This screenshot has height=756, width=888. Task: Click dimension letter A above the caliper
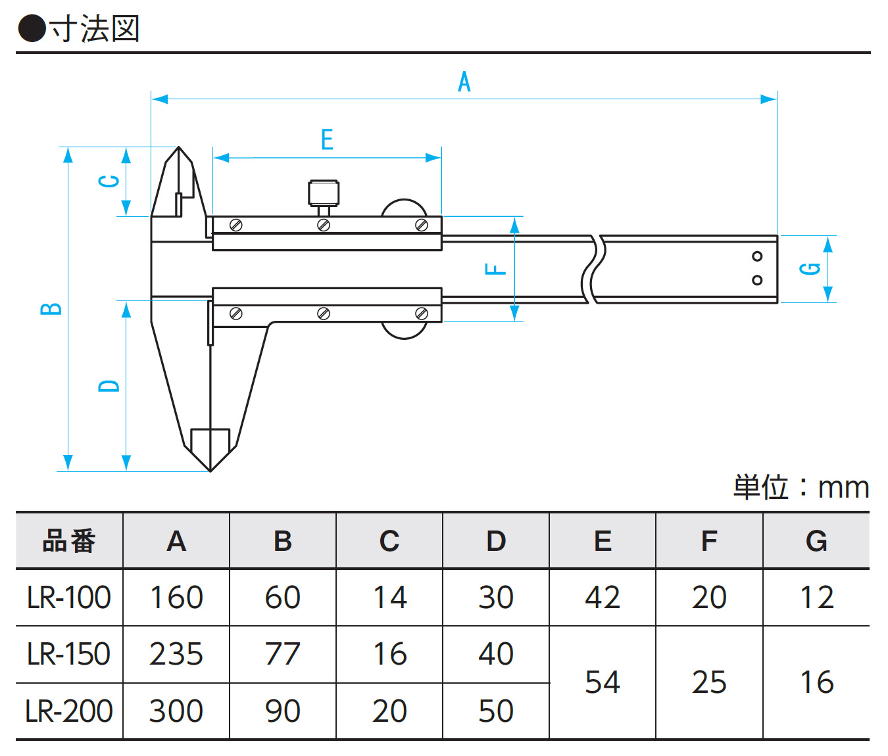(464, 82)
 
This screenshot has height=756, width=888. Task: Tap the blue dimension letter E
(327, 139)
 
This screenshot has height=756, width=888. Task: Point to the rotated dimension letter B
(51, 309)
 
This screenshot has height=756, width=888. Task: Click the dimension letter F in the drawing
(495, 269)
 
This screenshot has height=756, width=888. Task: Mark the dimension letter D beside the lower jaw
(109, 386)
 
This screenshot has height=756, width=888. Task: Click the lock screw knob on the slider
(324, 193)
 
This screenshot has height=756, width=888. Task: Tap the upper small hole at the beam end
(757, 256)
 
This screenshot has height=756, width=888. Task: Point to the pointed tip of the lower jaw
(210, 469)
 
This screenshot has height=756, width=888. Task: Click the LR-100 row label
(69, 598)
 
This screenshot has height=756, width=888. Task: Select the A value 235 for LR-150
(176, 654)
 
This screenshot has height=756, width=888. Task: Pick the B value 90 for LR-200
(283, 711)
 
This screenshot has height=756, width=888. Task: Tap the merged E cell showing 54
(603, 682)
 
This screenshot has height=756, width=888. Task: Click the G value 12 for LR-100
(816, 598)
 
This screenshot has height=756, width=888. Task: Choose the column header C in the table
(389, 541)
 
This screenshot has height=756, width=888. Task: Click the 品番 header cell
(69, 541)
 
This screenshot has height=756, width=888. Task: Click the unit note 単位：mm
(801, 488)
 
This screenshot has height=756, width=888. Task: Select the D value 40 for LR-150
(496, 654)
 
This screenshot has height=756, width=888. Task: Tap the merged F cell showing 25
(709, 682)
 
